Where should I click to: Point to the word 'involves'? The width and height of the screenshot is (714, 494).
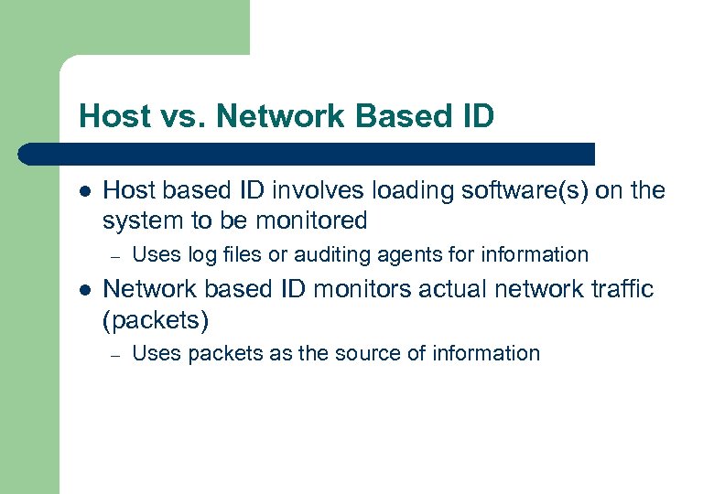308,190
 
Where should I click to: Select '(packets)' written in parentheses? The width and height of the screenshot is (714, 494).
156,320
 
